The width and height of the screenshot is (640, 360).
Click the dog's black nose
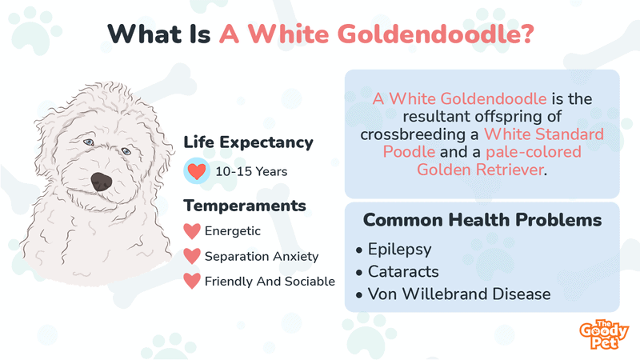[102, 182]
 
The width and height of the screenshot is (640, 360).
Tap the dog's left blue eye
[89, 142]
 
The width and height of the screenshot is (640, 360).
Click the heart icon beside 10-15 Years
[196, 171]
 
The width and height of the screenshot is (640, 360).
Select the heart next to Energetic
[192, 231]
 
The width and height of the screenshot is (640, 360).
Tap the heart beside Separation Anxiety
[192, 256]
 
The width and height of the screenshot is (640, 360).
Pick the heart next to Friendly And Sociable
[192, 282]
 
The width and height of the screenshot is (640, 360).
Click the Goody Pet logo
[604, 334]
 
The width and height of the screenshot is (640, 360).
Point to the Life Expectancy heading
[248, 142]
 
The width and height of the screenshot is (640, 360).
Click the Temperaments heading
[245, 206]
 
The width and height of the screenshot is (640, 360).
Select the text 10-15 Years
[251, 171]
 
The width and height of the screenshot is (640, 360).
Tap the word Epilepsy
[399, 250]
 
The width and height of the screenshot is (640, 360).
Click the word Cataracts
[403, 271]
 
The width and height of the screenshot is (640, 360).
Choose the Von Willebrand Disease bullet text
[459, 294]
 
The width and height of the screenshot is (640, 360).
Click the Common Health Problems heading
[482, 219]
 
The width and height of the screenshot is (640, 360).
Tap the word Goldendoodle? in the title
[436, 34]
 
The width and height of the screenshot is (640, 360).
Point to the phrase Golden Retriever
[481, 170]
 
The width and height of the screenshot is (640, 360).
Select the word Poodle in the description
[409, 152]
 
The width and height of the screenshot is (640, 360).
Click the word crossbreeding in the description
[413, 134]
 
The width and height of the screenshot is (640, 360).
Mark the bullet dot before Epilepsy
[359, 250]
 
